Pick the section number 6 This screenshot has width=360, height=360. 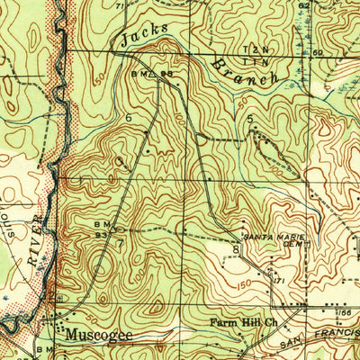(130, 118)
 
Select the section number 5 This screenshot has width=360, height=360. (249, 118)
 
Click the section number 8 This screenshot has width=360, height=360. (236, 248)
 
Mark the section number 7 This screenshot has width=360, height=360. (119, 242)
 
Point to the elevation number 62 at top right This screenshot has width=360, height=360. (304, 5)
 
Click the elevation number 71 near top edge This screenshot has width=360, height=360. (120, 5)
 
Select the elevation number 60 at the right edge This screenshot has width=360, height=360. (342, 53)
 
